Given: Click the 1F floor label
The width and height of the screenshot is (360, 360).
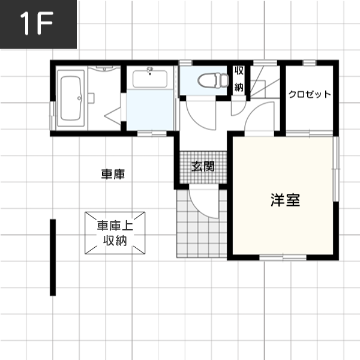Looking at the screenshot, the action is point(37,23).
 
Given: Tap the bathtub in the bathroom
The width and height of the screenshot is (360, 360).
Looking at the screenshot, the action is point(71,98).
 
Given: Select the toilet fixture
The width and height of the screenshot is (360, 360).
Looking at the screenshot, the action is point(213,80).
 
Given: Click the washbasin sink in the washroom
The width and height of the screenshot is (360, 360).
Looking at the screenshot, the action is point(150,79).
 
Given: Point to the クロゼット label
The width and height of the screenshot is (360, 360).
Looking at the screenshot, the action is point(310,94).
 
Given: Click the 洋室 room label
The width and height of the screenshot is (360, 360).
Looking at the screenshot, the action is point(286,200).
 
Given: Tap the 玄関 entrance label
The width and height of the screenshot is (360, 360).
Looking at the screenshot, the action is point(203,166).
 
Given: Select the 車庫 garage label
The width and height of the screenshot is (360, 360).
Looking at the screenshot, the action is point(113,174).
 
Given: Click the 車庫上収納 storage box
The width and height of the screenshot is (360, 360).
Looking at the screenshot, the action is point(115,233).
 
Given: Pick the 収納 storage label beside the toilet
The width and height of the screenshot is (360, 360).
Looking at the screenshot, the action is point(239,79).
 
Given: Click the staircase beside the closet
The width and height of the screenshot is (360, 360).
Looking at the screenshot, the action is point(265,82).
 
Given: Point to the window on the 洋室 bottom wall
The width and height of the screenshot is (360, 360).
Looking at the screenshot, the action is point(283,257).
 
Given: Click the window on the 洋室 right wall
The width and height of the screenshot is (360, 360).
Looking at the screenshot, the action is point(336,169).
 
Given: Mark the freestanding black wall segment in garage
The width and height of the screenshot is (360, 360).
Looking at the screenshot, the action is point(53,257).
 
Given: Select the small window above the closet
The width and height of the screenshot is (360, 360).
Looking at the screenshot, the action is point(309,62).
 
